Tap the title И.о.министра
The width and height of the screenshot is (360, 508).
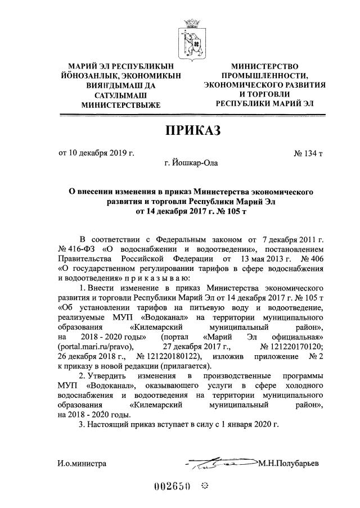[82, 464]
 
